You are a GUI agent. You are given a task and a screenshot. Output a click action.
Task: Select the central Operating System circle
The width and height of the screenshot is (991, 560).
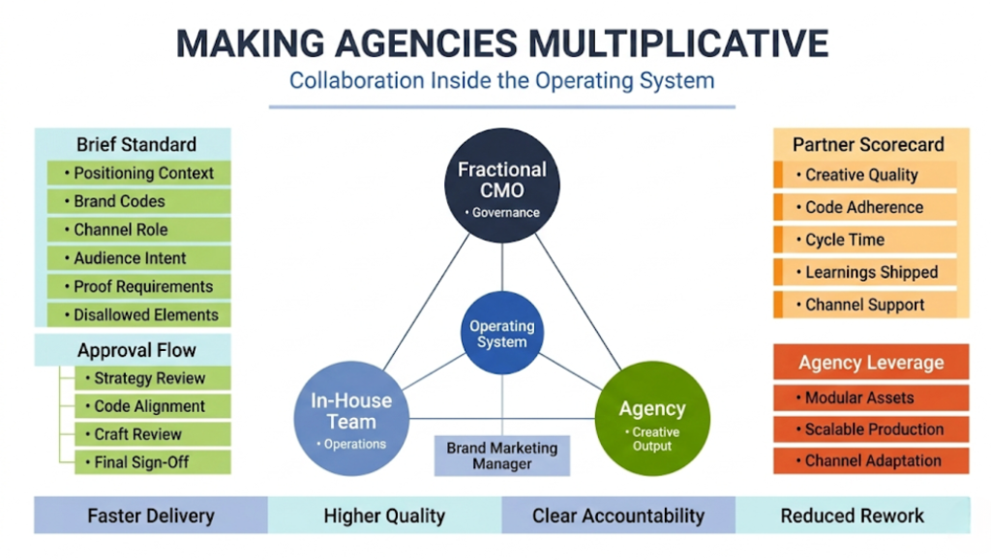point(501,334)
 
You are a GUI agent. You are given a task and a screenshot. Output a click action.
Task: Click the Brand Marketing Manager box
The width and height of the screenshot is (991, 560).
point(501,456)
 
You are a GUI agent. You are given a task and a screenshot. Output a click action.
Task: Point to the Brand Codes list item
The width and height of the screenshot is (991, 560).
point(138,201)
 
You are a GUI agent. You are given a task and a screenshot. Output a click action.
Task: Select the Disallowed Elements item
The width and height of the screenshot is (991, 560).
point(138,314)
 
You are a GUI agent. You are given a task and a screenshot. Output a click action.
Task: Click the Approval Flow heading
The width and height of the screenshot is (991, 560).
point(135,350)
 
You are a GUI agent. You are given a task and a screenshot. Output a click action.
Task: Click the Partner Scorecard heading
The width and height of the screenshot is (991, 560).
point(868,144)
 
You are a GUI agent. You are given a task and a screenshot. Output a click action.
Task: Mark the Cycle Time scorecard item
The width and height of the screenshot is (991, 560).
point(868,240)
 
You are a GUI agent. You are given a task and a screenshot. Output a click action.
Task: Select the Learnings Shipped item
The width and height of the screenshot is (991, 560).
point(868,273)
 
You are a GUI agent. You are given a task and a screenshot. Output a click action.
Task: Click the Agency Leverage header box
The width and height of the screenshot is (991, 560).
point(871,363)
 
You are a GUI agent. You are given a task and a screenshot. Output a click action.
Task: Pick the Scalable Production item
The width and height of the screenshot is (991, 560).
point(871,428)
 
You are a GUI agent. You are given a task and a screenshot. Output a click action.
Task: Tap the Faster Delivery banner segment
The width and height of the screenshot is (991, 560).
point(150,516)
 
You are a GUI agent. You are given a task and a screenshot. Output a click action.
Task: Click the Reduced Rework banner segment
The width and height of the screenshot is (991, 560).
point(852,516)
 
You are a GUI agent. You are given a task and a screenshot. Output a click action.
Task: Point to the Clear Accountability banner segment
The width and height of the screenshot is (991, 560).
point(617,516)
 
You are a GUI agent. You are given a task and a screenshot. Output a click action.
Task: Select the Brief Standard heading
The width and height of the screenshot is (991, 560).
point(135,144)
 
